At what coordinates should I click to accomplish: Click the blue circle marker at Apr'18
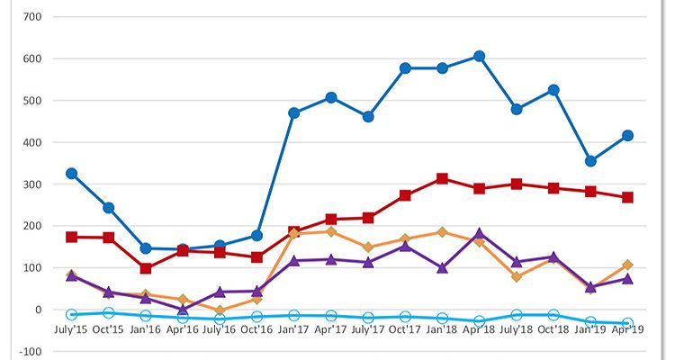[x=480, y=56]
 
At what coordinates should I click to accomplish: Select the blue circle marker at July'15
[x=71, y=173]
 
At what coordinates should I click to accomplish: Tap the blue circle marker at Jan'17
[x=293, y=112]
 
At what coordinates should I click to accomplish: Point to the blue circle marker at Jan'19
[x=590, y=161]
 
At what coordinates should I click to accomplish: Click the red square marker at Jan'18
[x=442, y=178]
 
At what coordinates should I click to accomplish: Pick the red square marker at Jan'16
[x=146, y=268]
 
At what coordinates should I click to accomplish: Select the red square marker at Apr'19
[x=628, y=197]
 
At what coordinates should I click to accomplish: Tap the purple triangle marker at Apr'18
[x=480, y=234]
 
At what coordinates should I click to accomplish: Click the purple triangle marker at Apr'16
[x=183, y=309]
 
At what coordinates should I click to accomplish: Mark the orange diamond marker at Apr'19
[x=628, y=265]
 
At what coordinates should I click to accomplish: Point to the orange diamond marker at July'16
[x=220, y=310]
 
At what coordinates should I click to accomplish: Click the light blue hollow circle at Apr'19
[x=628, y=323]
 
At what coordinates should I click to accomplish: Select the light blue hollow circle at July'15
[x=71, y=314]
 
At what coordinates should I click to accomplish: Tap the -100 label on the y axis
[x=30, y=352]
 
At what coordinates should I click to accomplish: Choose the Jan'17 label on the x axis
[x=293, y=330]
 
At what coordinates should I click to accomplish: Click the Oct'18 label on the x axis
[x=553, y=330]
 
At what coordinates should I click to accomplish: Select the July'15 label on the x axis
[x=71, y=330]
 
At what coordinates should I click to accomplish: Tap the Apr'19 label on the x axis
[x=628, y=330]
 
